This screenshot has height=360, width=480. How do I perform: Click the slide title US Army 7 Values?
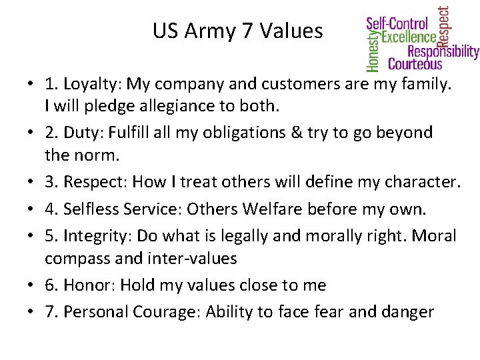click(237, 31)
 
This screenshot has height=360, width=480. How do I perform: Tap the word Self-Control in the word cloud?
click(397, 24)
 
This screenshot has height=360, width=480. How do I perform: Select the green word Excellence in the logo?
click(409, 37)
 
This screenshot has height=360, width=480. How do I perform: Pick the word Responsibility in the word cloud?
click(443, 51)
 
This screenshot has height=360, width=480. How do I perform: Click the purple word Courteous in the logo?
click(415, 64)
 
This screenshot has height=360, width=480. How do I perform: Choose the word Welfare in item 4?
click(273, 209)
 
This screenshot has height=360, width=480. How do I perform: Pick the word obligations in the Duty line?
click(245, 133)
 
